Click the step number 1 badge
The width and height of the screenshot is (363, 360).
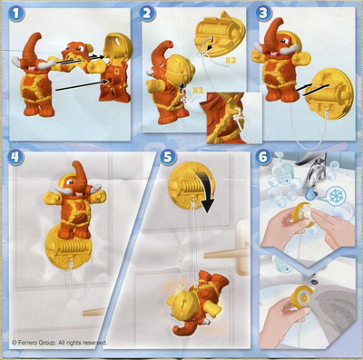15,14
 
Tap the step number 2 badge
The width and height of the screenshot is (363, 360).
147,14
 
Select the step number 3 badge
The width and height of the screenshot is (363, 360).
263,14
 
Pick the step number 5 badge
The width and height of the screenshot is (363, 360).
168,157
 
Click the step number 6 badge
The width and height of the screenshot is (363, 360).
263,157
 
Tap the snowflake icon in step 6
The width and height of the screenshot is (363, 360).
335,197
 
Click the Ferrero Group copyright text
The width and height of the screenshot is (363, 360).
59,343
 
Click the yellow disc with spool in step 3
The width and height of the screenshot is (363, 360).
329,92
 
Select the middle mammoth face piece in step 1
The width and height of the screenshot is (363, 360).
75,57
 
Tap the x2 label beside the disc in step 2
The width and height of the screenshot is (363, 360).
231,61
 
